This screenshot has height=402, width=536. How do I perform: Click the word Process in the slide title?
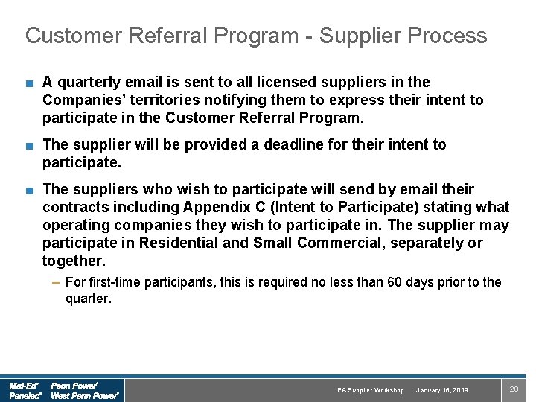tap(443, 36)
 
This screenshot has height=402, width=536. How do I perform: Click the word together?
tap(73, 261)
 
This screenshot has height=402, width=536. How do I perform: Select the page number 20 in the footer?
tap(513, 389)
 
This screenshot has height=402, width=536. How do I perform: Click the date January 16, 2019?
tap(442, 390)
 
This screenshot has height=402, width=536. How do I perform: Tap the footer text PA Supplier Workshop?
tap(371, 390)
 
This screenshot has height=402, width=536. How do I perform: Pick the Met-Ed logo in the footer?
tap(24, 386)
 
